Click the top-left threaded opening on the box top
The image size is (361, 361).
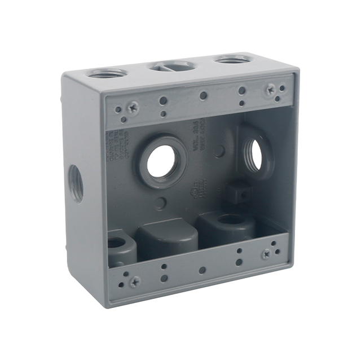(x=107, y=73)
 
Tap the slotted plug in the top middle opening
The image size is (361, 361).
(x=173, y=66)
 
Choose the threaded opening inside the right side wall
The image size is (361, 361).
(x=254, y=155)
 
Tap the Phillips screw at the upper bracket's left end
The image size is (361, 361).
(x=133, y=107)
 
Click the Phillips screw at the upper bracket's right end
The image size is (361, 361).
(x=270, y=88)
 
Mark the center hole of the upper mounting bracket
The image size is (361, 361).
(x=203, y=96)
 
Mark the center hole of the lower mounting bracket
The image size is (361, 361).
(x=202, y=270)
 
